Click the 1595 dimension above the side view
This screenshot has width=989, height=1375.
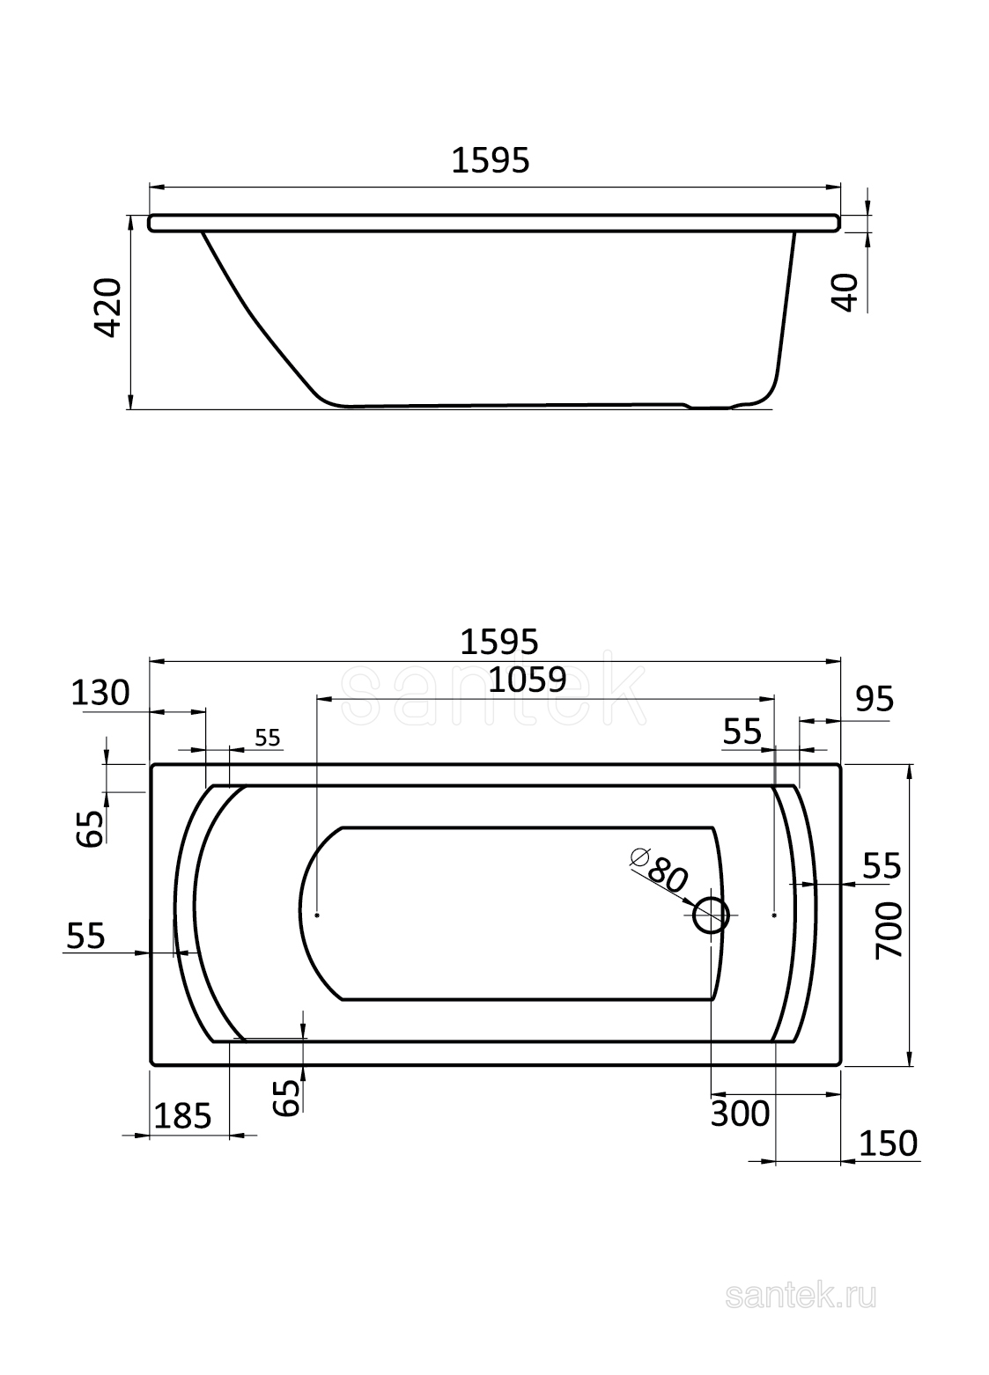click(x=491, y=161)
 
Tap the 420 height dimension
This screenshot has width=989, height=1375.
click(x=109, y=307)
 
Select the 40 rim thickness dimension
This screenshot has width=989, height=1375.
click(x=847, y=293)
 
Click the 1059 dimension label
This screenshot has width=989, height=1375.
click(x=527, y=680)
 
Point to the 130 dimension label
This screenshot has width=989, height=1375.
click(x=100, y=693)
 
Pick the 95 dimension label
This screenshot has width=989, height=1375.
click(x=875, y=699)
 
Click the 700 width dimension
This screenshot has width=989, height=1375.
click(x=889, y=930)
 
